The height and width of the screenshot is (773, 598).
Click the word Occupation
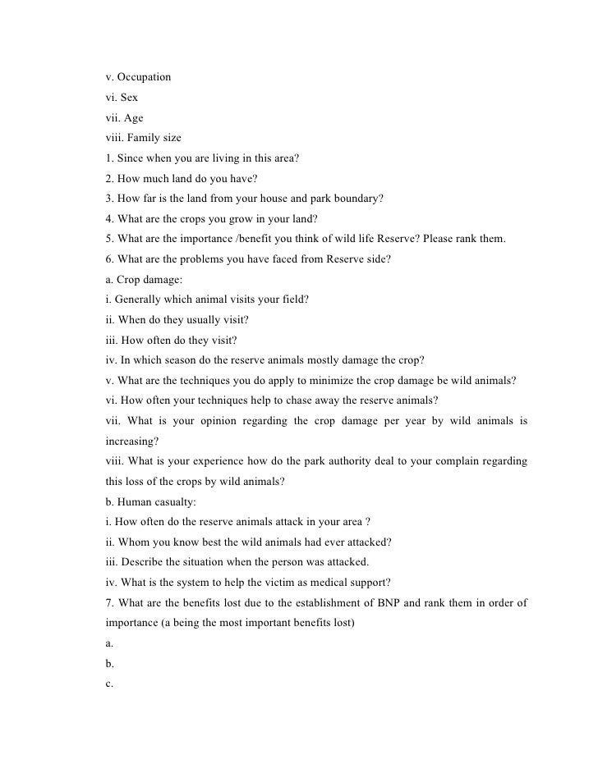coord(144,77)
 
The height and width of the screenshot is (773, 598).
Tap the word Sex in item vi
coord(128,98)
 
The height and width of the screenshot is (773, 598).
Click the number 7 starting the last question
coord(108,603)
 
